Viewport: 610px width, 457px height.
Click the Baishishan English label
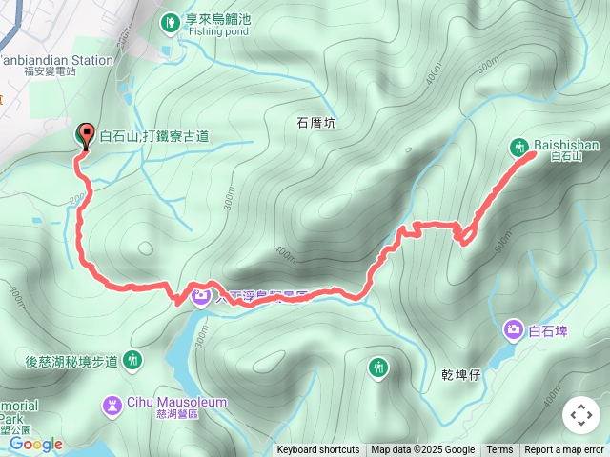[566, 145]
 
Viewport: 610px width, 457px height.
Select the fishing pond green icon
[170, 19]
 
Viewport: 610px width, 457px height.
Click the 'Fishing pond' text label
[218, 30]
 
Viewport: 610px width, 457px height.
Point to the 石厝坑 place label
[316, 123]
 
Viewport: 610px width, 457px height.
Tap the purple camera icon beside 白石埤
[514, 329]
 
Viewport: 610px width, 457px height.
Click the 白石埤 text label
[548, 331]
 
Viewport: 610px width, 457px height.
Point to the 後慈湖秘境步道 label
[71, 361]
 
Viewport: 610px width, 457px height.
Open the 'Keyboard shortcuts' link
[318, 450]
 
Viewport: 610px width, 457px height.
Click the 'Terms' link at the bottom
[499, 450]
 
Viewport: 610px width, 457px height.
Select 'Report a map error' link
[564, 450]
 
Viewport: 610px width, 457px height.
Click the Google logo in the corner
[36, 444]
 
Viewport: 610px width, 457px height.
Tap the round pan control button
[581, 416]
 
